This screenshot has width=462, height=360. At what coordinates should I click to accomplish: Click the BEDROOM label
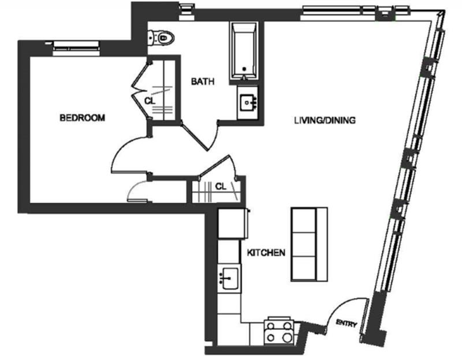point(82,118)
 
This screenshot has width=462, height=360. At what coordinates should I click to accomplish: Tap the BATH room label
point(203,81)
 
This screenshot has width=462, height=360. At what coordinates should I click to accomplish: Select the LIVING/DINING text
point(325,120)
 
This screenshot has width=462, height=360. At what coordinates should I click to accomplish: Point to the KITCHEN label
point(266,253)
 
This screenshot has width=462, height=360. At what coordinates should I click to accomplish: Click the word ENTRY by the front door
point(346,324)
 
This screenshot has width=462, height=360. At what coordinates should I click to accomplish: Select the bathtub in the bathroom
point(244,51)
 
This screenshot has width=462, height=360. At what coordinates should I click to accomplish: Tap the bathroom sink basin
point(248,103)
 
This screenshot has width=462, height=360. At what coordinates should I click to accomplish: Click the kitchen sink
point(229,279)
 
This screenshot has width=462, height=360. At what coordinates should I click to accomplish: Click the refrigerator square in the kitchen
point(233,223)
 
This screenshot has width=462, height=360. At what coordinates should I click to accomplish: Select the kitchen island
point(309,244)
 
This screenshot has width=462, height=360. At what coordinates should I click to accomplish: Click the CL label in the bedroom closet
point(150,101)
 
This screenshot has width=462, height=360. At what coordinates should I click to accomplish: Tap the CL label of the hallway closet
point(221,186)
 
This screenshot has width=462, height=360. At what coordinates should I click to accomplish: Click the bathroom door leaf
point(195,137)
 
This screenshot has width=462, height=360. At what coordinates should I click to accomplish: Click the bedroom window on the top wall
point(76,47)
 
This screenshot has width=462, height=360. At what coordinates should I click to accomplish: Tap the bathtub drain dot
point(244,69)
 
